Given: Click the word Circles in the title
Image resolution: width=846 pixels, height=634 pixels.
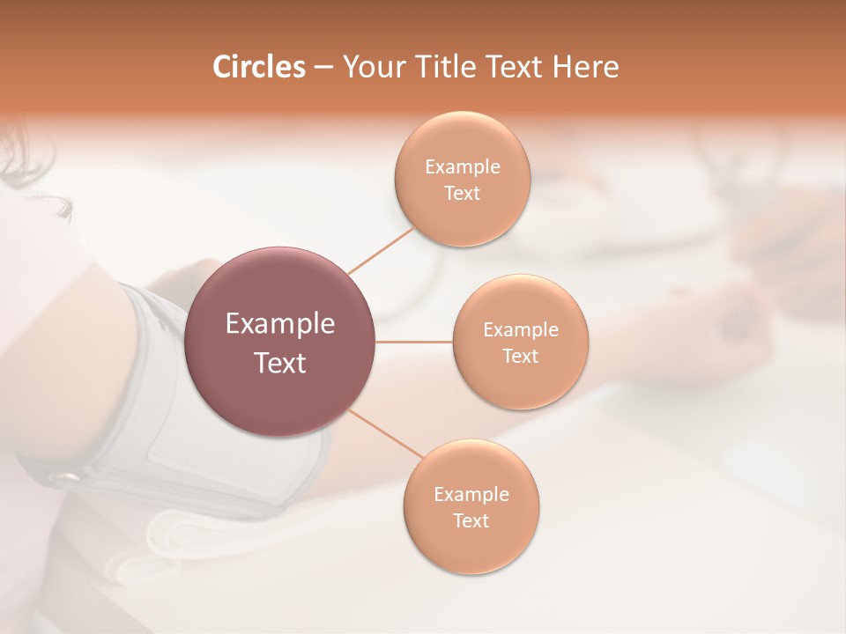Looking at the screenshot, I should pyautogui.click(x=258, y=67).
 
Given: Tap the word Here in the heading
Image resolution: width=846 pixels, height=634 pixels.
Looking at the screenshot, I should pyautogui.click(x=585, y=67).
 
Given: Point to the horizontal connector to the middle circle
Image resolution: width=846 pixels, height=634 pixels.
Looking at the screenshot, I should pyautogui.click(x=414, y=342).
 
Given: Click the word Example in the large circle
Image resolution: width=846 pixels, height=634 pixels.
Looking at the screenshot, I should pyautogui.click(x=280, y=324).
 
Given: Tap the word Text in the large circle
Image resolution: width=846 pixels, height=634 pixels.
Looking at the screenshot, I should pyautogui.click(x=280, y=363).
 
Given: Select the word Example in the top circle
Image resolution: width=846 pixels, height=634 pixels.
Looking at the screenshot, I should pyautogui.click(x=462, y=167).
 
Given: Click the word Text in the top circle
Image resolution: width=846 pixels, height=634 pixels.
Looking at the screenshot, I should pyautogui.click(x=462, y=194).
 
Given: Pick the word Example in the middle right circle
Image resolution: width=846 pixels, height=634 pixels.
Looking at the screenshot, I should pyautogui.click(x=520, y=330).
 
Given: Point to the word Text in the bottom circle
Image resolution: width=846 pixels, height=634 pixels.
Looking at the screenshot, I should pyautogui.click(x=471, y=521).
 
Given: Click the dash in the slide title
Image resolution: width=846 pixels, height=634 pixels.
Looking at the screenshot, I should pyautogui.click(x=323, y=68).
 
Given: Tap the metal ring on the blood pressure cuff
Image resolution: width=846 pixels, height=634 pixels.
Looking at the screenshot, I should pyautogui.click(x=63, y=477).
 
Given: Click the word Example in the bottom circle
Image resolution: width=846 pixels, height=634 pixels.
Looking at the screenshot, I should pyautogui.click(x=471, y=495).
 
